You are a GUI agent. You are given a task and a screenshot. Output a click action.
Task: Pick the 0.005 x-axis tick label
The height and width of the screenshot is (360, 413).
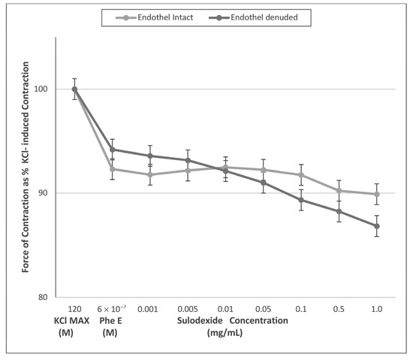(188, 309)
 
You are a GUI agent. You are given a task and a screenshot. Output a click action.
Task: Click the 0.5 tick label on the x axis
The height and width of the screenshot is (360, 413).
(339, 309)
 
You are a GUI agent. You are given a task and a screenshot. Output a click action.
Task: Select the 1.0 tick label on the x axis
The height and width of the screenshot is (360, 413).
(376, 309)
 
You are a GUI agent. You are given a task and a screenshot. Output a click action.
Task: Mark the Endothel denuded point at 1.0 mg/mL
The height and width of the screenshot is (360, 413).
(376, 226)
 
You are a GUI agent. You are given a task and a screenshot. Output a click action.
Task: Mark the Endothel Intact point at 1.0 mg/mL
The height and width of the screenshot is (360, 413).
(376, 194)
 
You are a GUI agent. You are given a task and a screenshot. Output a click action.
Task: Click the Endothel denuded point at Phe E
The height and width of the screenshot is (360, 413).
(112, 149)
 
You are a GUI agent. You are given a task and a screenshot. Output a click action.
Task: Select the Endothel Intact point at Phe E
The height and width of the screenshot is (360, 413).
(112, 169)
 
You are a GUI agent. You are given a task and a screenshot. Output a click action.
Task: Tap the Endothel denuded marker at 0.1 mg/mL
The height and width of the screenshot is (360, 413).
(301, 200)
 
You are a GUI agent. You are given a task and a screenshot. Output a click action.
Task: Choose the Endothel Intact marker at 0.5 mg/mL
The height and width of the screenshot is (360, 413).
(339, 191)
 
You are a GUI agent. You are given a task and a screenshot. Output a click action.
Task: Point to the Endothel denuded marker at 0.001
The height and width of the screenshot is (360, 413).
(150, 156)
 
